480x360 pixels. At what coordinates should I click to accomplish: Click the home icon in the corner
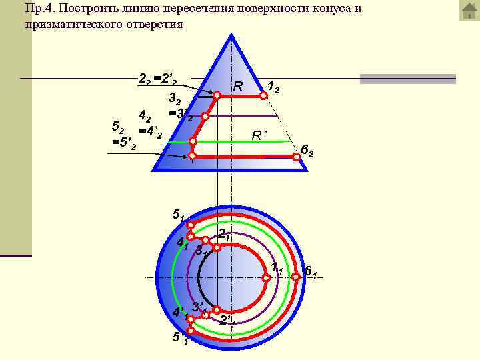[469, 11]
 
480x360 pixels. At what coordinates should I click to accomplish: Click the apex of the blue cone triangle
[232, 35]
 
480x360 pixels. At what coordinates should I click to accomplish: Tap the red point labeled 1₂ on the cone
[263, 95]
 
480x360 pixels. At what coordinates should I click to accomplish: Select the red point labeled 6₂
[297, 157]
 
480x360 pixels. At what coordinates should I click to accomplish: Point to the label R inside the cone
[237, 86]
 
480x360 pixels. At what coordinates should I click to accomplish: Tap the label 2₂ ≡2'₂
[157, 79]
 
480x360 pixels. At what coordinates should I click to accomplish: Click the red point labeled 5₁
[190, 225]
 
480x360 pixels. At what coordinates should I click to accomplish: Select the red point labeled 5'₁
[190, 331]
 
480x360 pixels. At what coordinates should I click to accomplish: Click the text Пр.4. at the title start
[39, 9]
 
